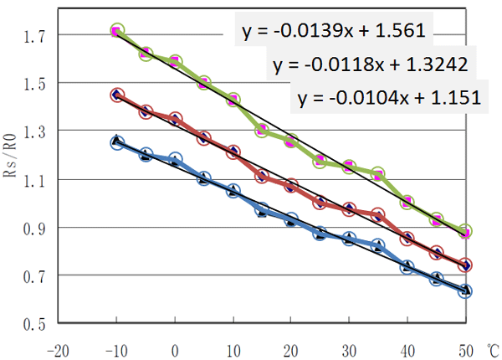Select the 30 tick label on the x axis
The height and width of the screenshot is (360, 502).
(349, 347)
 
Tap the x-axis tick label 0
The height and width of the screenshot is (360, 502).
(175, 347)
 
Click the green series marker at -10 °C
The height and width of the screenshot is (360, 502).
(117, 31)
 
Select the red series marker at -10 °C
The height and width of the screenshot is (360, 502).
(117, 95)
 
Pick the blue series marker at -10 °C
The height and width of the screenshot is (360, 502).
(117, 143)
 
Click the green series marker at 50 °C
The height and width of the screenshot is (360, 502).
(465, 232)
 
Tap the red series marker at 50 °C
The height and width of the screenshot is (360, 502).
(465, 265)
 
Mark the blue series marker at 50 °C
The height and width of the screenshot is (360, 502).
(465, 291)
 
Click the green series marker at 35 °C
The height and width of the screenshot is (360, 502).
(378, 174)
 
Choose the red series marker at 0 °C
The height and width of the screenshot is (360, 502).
(175, 119)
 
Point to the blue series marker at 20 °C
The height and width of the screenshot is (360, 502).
(291, 219)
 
